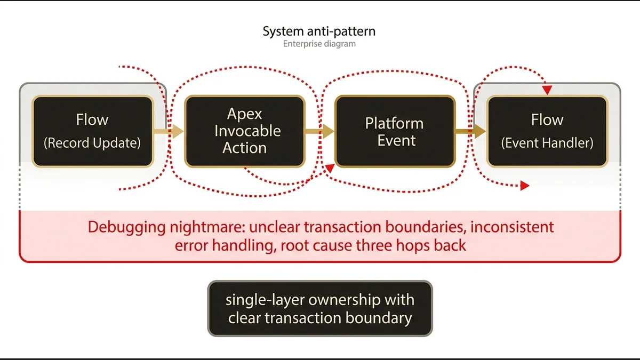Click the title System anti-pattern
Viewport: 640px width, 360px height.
319,31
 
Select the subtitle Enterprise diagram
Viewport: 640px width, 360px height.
319,44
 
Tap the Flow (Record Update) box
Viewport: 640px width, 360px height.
93,131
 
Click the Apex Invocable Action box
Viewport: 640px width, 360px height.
244,131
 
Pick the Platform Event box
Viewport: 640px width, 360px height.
395,131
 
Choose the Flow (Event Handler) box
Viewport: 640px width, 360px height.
547,131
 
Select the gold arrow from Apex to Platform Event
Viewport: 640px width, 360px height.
319,131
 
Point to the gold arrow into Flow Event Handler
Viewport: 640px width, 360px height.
470,131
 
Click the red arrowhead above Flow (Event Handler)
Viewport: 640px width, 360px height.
547,91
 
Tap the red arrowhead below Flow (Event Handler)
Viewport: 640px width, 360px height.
525,186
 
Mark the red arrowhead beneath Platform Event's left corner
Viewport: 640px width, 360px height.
330,168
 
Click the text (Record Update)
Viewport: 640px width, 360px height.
93,143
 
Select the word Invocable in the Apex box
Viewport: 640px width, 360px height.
247,131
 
